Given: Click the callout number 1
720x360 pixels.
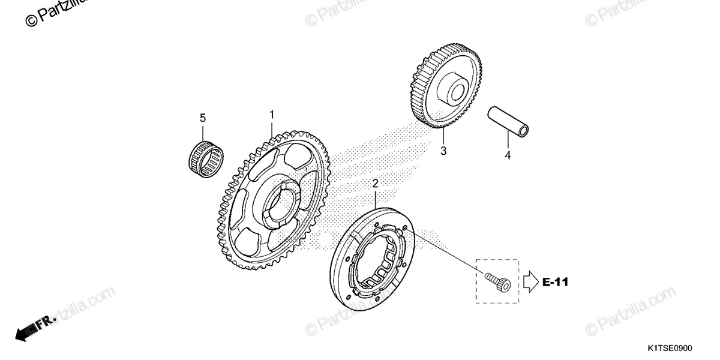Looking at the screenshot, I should (x=271, y=114).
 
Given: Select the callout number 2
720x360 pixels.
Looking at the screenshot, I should (x=375, y=183).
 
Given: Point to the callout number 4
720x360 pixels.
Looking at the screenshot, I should (x=508, y=155).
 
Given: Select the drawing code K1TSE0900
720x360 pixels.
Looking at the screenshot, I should (x=669, y=348).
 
